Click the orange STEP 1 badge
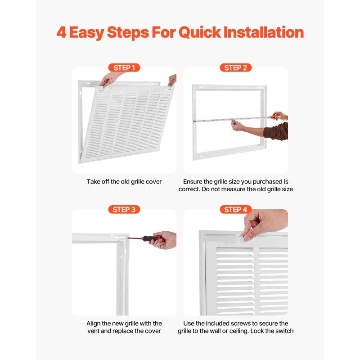click(124, 68)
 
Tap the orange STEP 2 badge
click(235, 68)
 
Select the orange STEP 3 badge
click(124, 209)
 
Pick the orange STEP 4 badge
click(235, 209)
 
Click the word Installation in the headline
click(264, 32)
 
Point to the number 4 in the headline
click(61, 32)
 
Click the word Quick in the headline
click(200, 32)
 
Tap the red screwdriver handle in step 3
click(152, 239)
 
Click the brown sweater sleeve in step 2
click(277, 131)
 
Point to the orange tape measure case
click(274, 117)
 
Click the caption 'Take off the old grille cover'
click(124, 182)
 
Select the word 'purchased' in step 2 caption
click(267, 182)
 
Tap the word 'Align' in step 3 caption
click(93, 324)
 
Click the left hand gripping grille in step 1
click(109, 79)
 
